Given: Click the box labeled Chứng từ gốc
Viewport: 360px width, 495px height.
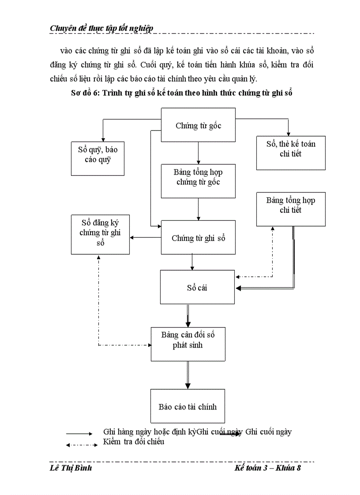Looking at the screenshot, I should tap(198, 125).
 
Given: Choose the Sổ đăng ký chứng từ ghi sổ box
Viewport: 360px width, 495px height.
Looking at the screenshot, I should tap(100, 234).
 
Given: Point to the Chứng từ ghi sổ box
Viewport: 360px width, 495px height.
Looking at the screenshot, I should tap(198, 238).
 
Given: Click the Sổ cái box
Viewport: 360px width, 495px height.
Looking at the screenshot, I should tap(197, 287).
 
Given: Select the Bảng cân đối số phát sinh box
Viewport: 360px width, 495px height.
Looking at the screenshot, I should tap(188, 344).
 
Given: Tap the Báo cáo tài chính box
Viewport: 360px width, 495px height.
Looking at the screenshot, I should tap(187, 406).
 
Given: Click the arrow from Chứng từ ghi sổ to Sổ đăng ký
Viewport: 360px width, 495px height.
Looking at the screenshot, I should tap(146, 238).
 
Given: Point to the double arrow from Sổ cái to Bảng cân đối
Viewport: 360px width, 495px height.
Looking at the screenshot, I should tap(188, 316).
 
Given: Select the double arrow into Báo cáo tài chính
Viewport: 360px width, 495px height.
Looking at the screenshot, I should tap(188, 375).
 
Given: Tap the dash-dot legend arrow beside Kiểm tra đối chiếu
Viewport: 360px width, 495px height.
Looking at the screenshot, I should tap(82, 445).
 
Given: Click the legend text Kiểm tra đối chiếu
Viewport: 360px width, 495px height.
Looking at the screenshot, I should tap(134, 442).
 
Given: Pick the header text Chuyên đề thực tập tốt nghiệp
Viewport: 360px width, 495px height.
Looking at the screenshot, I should tap(101, 28).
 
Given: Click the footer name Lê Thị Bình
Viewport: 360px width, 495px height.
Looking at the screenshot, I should tap(71, 468).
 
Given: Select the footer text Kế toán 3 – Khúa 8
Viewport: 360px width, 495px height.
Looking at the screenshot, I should tap(268, 468).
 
